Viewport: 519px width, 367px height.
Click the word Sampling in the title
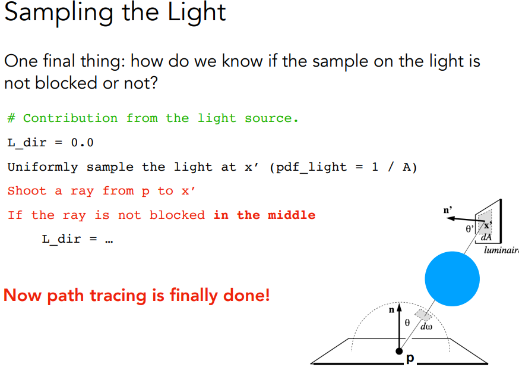point(59,13)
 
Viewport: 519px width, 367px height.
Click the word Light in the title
point(197,12)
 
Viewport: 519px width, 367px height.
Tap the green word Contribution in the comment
point(70,118)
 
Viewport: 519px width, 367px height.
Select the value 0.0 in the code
point(82,143)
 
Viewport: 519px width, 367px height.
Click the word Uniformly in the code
point(43,167)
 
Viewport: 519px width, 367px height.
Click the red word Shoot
point(27,191)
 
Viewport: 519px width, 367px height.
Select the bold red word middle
point(292,215)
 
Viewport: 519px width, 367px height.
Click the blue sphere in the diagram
point(452,279)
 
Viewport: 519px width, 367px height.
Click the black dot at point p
point(399,351)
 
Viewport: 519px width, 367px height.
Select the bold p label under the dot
point(410,358)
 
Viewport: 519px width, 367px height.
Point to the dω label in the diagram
point(426,327)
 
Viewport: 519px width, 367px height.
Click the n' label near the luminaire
point(448,210)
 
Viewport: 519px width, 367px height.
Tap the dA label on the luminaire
point(486,237)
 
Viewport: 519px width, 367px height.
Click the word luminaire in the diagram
point(501,250)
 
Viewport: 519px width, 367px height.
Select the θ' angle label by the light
point(470,229)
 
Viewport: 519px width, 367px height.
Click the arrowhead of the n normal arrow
point(399,307)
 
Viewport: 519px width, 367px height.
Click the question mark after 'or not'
point(153,83)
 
